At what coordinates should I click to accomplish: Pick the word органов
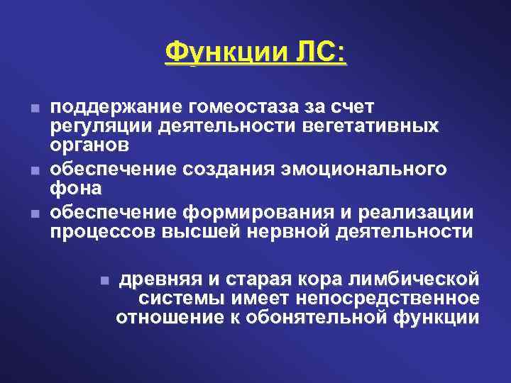(x=89, y=145)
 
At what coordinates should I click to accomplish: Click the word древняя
(x=158, y=277)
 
